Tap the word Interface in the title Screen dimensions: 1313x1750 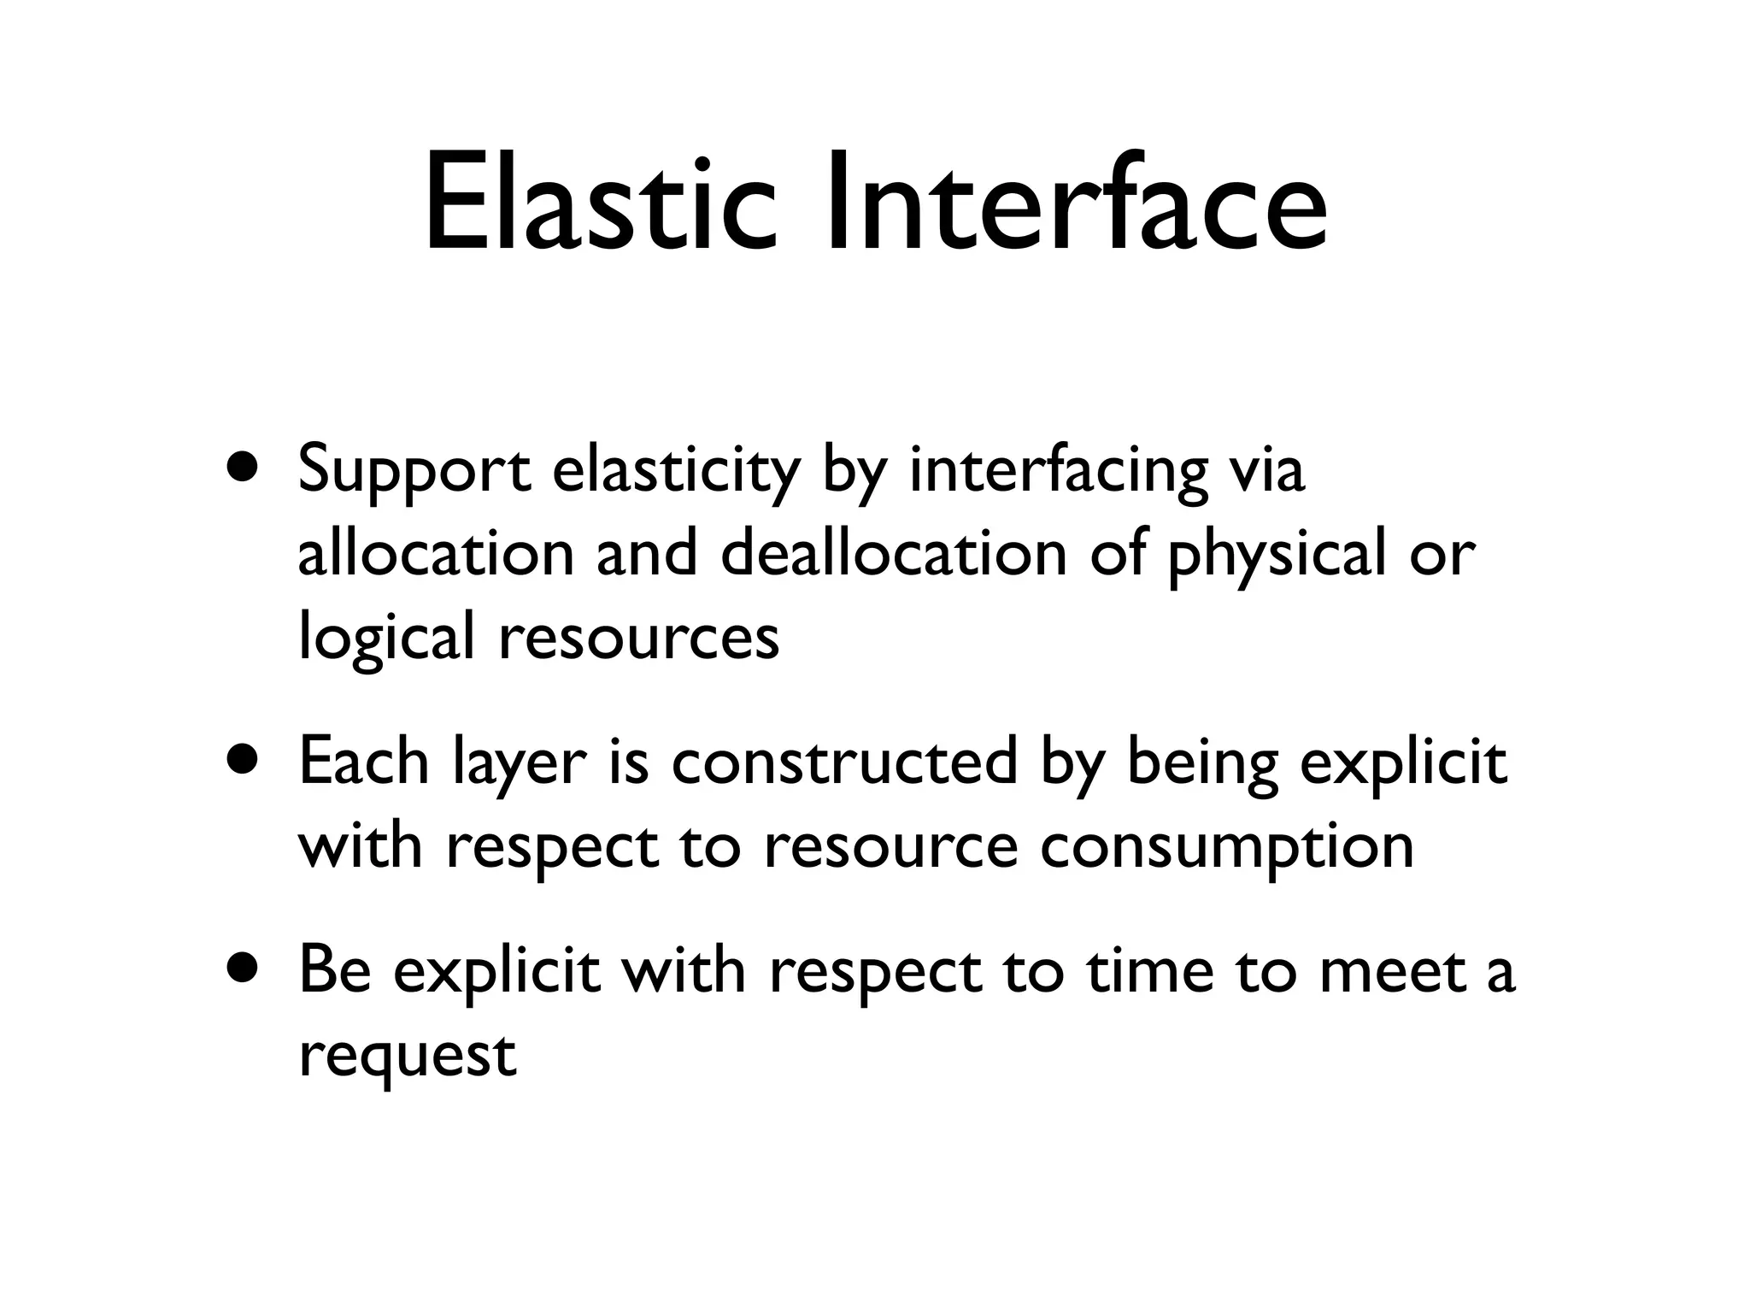(1076, 205)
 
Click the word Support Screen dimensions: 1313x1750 (414, 472)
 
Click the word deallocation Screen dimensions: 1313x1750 (894, 554)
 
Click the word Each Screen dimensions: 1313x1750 (364, 761)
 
